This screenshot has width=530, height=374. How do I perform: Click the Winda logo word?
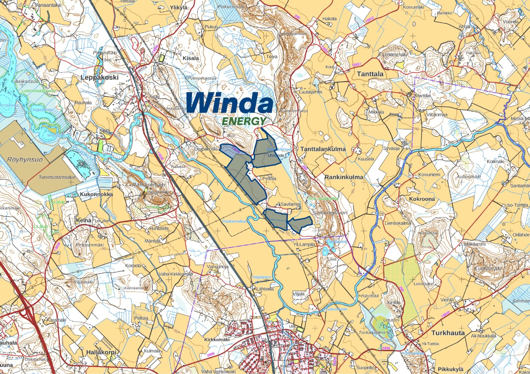(230, 103)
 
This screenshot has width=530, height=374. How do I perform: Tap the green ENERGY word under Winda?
(244, 121)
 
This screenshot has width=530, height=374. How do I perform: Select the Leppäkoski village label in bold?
(99, 77)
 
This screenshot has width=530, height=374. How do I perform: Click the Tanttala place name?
(370, 74)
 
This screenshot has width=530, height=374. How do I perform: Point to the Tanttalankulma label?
(323, 149)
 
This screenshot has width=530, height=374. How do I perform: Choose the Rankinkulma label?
(344, 177)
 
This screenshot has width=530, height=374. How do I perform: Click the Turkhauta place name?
(448, 333)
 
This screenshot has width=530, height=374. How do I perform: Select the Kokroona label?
(422, 199)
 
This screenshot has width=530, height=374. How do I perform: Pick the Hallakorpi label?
(101, 352)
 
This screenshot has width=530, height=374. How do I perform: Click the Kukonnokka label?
(96, 194)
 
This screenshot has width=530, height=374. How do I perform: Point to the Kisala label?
(191, 58)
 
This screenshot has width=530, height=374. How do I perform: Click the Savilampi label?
(290, 204)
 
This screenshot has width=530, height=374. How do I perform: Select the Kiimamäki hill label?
(488, 269)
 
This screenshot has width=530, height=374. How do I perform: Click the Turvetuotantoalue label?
(57, 177)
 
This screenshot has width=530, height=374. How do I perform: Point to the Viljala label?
(298, 294)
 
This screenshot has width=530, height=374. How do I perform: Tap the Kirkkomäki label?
(217, 340)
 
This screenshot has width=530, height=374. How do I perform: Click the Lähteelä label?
(265, 289)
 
